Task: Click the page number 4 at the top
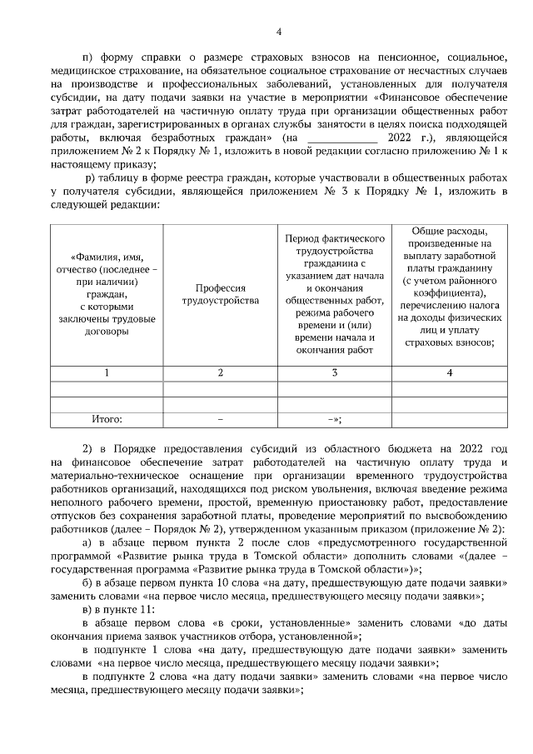279,32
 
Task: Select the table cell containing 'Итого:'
107,419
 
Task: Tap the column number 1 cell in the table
107,372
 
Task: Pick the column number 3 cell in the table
335,372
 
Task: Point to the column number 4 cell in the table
450,372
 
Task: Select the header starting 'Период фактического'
335,294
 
